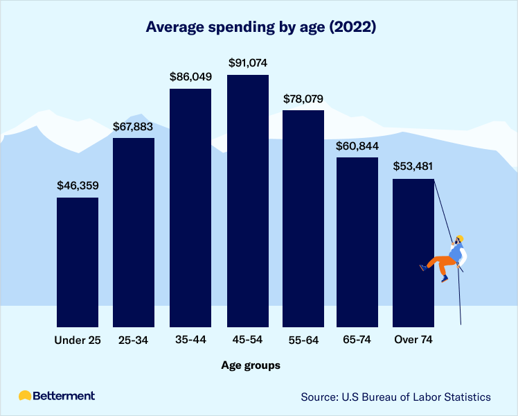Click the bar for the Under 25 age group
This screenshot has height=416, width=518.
pyautogui.click(x=78, y=261)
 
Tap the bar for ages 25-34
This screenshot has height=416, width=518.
pyautogui.click(x=134, y=232)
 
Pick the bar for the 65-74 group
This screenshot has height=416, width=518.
pyautogui.click(x=357, y=241)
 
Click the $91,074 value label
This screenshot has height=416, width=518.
pyautogui.click(x=247, y=63)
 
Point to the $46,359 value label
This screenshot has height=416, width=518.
pyautogui.click(x=78, y=187)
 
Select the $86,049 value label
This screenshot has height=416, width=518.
pyautogui.click(x=190, y=77)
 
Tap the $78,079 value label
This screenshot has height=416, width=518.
pyautogui.click(x=303, y=99)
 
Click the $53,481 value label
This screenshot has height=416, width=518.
pyautogui.click(x=413, y=167)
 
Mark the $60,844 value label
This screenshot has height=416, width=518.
pyautogui.click(x=357, y=146)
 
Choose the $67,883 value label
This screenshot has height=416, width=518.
pyautogui.click(x=134, y=127)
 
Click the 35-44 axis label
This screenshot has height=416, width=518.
pyautogui.click(x=190, y=340)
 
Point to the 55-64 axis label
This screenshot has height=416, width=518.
pyautogui.click(x=303, y=340)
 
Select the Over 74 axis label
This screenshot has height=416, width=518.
pyautogui.click(x=413, y=340)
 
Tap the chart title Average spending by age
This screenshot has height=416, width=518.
pyautogui.click(x=260, y=28)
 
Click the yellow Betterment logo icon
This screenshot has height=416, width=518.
pyautogui.click(x=25, y=396)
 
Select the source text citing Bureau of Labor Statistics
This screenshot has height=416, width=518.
pyautogui.click(x=395, y=397)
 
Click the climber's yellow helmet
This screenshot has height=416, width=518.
pyautogui.click(x=459, y=239)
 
